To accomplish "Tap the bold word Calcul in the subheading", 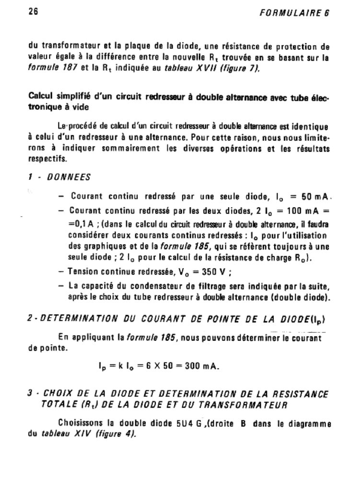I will [41, 97].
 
